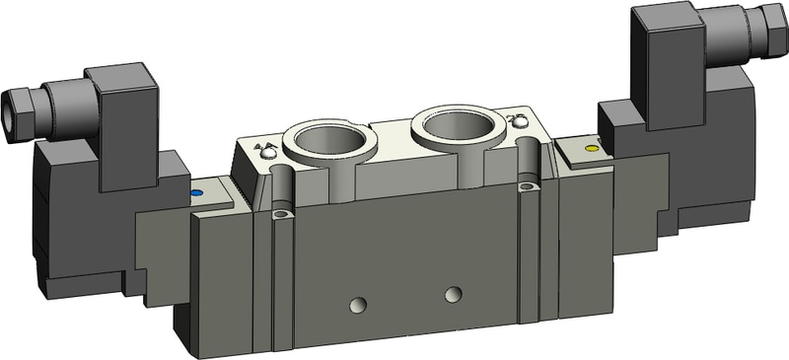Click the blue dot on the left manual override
pyautogui.click(x=196, y=193)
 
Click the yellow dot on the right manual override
pyautogui.click(x=591, y=149)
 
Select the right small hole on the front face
pyautogui.click(x=453, y=294)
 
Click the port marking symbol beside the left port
pyautogui.click(x=264, y=151)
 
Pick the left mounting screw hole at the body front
pyautogui.click(x=282, y=214)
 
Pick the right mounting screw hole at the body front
pyautogui.click(x=530, y=185)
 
